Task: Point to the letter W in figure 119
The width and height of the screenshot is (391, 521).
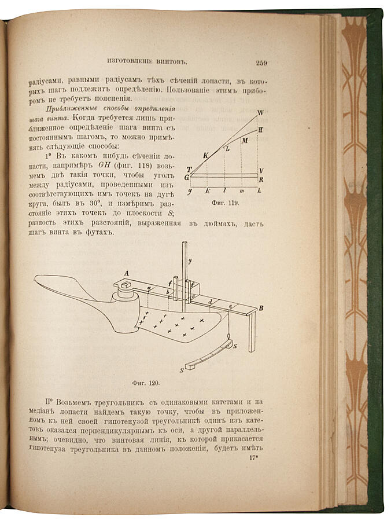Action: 260,113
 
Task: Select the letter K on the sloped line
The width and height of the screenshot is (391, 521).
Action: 205,155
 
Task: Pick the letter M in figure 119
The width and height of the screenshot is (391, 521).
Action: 245,141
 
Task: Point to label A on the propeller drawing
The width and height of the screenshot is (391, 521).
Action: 126,274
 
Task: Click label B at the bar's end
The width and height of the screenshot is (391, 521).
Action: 261,309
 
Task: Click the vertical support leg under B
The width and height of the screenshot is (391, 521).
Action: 252,333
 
